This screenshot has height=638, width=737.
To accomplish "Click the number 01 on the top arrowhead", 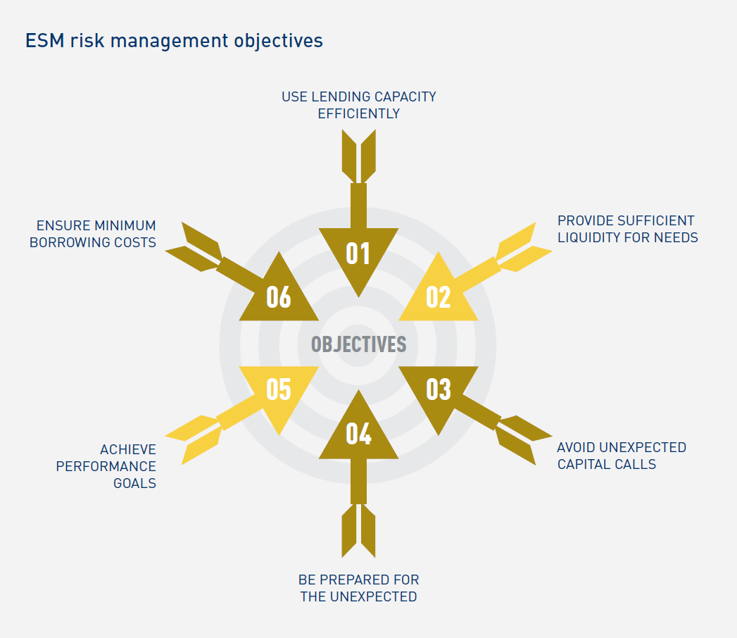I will (x=358, y=254).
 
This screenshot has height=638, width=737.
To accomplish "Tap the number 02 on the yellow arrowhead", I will (x=439, y=297).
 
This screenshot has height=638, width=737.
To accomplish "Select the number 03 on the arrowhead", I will (x=439, y=389).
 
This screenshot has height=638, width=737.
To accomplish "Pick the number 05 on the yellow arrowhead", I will (x=279, y=389).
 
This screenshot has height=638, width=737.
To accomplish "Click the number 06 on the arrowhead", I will (x=279, y=297).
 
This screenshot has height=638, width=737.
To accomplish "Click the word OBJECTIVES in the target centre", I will (x=358, y=344).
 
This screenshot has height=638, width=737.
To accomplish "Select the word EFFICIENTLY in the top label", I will (x=359, y=113).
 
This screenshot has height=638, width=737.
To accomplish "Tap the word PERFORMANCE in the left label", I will (x=106, y=466).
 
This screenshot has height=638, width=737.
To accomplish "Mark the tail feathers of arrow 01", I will (x=358, y=155).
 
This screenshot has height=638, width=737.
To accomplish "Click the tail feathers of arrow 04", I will (x=358, y=532).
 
